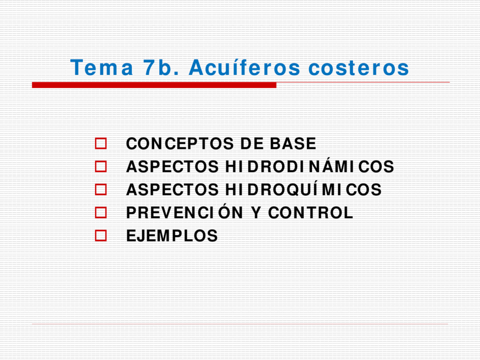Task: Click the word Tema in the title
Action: click(x=102, y=68)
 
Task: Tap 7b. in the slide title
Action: click(x=161, y=68)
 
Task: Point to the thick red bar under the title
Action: click(x=154, y=85)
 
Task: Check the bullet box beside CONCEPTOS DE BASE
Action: click(x=101, y=143)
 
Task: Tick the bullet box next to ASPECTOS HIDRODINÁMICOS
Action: click(x=101, y=167)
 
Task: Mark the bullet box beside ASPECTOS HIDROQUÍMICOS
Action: click(x=101, y=190)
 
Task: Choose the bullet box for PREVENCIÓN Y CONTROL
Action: click(x=101, y=213)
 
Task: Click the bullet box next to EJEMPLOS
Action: click(x=101, y=236)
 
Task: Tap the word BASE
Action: click(x=293, y=143)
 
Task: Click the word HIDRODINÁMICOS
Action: click(x=310, y=167)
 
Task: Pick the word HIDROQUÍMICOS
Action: click(x=303, y=190)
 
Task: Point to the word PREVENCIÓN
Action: click(x=185, y=212)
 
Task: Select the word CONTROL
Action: click(x=310, y=213)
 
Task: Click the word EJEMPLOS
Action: click(x=172, y=236)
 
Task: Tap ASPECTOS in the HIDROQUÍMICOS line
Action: click(x=172, y=190)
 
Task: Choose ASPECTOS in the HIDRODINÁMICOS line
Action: click(x=172, y=167)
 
